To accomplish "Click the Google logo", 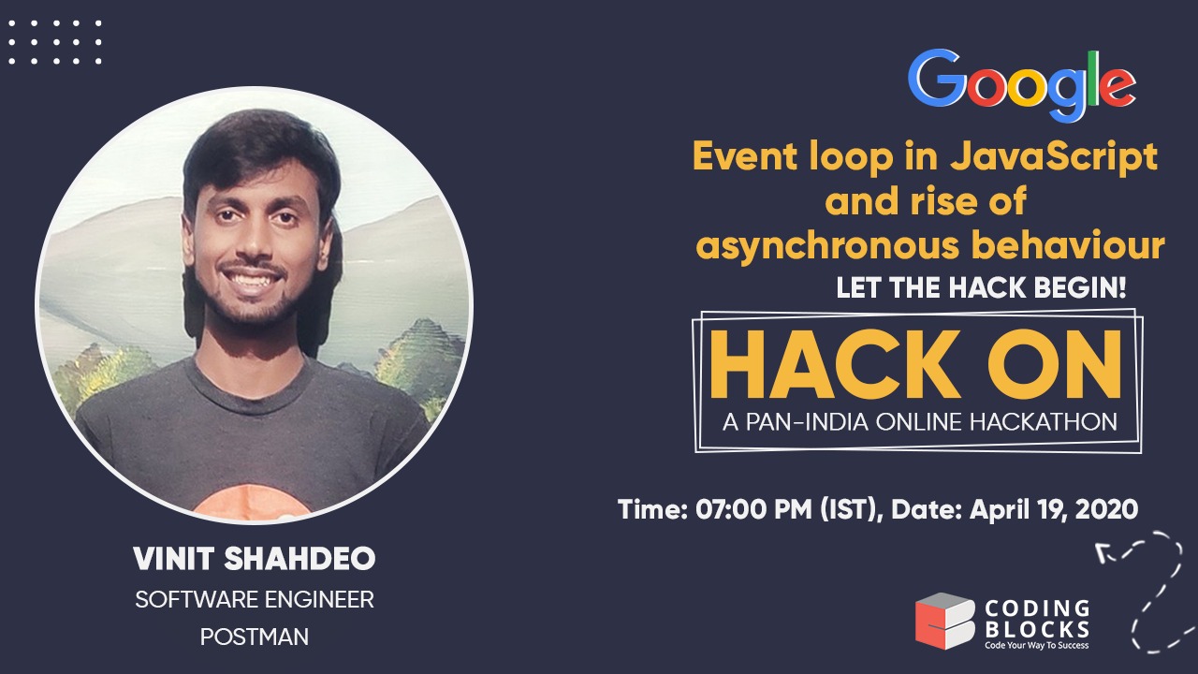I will point(1021,85).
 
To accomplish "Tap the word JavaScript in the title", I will point(1054,156).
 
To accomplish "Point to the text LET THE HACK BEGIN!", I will point(981,289).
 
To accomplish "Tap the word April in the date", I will point(999,510).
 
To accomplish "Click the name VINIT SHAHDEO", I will point(255,559).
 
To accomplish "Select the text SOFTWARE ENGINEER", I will point(255,600).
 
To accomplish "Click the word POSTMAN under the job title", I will point(255,637).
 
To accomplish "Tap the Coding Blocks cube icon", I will point(944,621).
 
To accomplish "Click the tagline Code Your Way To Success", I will point(1035,644).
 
